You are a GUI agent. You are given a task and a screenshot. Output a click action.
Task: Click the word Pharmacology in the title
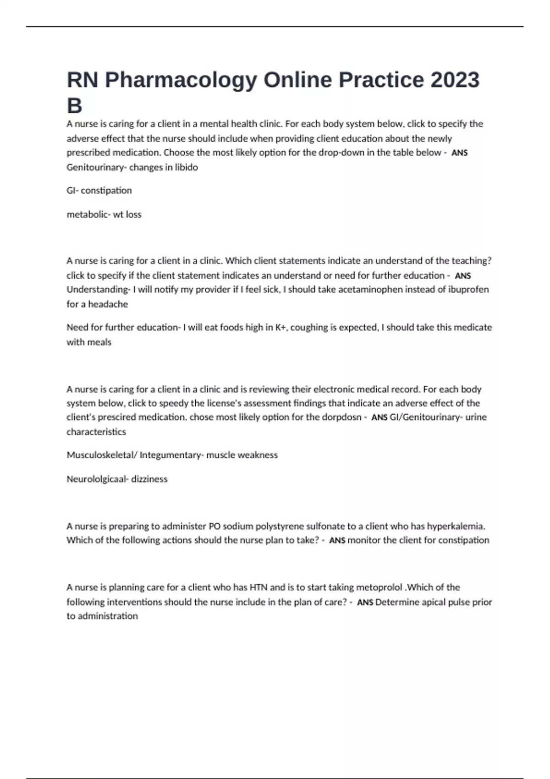181,80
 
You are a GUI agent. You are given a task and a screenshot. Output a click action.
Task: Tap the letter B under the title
74,106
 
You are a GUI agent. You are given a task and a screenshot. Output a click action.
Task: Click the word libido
186,167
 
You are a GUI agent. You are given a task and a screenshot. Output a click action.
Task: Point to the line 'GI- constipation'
99,190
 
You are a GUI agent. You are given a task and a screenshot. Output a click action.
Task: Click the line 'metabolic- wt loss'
104,214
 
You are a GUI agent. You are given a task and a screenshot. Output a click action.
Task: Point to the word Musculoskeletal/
101,455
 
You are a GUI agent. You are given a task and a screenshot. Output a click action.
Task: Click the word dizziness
149,479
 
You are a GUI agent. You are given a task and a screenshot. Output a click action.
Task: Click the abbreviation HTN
258,587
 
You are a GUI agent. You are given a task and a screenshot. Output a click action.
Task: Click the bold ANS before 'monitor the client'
337,541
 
